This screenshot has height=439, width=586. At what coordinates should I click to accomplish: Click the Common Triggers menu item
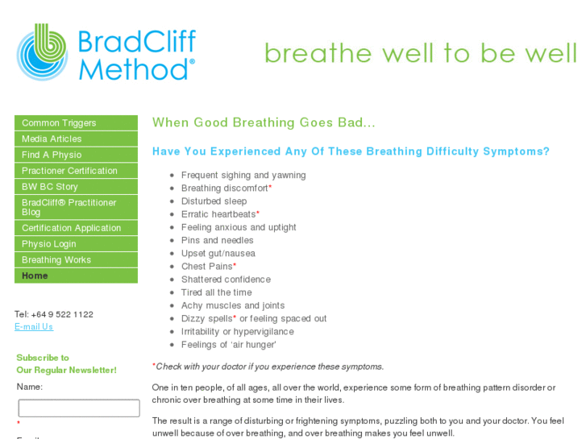[59, 123]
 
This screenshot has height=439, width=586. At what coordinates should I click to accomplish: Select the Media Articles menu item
[52, 139]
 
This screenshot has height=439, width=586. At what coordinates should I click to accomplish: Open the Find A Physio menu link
[52, 155]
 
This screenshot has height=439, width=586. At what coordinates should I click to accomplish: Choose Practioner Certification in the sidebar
[69, 171]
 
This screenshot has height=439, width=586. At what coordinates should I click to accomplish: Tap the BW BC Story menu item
[50, 187]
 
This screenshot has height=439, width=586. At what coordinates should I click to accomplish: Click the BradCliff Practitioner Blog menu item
[69, 207]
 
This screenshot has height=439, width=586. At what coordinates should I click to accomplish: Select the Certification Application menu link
[71, 228]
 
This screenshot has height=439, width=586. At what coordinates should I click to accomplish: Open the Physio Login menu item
[49, 244]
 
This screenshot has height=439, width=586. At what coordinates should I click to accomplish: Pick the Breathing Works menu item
[56, 260]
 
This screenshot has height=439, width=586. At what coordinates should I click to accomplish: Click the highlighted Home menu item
[35, 275]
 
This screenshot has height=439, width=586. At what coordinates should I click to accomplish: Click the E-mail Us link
[34, 327]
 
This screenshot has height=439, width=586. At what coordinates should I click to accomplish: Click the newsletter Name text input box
[79, 408]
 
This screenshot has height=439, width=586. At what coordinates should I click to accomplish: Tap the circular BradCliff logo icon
[42, 52]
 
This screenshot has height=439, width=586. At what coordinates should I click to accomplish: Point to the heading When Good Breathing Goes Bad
[264, 122]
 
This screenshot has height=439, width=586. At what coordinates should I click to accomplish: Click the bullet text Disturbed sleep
[214, 201]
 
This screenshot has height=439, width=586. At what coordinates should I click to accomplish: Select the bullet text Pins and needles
[217, 240]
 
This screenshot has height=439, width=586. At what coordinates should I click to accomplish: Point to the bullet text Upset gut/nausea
[218, 254]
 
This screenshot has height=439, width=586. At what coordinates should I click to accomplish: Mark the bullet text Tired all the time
[216, 292]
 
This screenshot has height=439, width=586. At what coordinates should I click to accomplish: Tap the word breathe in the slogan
[310, 53]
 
